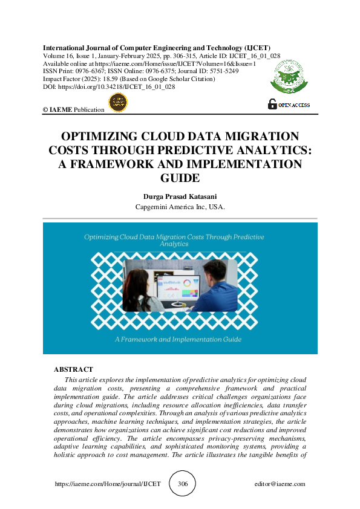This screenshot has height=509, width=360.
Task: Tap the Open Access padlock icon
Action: (x=273, y=104)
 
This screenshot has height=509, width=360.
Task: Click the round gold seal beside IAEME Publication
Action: (x=117, y=103)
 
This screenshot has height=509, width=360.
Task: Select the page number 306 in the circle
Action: (x=182, y=484)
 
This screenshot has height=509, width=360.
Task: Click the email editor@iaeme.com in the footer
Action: (x=280, y=484)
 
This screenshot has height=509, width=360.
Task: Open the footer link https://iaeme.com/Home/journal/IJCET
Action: (x=108, y=484)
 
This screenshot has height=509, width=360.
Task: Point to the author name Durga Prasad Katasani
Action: (x=180, y=196)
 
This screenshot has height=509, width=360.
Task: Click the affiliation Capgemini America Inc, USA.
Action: (x=180, y=207)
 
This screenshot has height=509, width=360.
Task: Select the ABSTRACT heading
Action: (x=73, y=369)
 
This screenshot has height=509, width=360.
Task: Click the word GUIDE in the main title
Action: (x=180, y=178)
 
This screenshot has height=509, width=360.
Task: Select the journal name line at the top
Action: (x=157, y=47)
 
